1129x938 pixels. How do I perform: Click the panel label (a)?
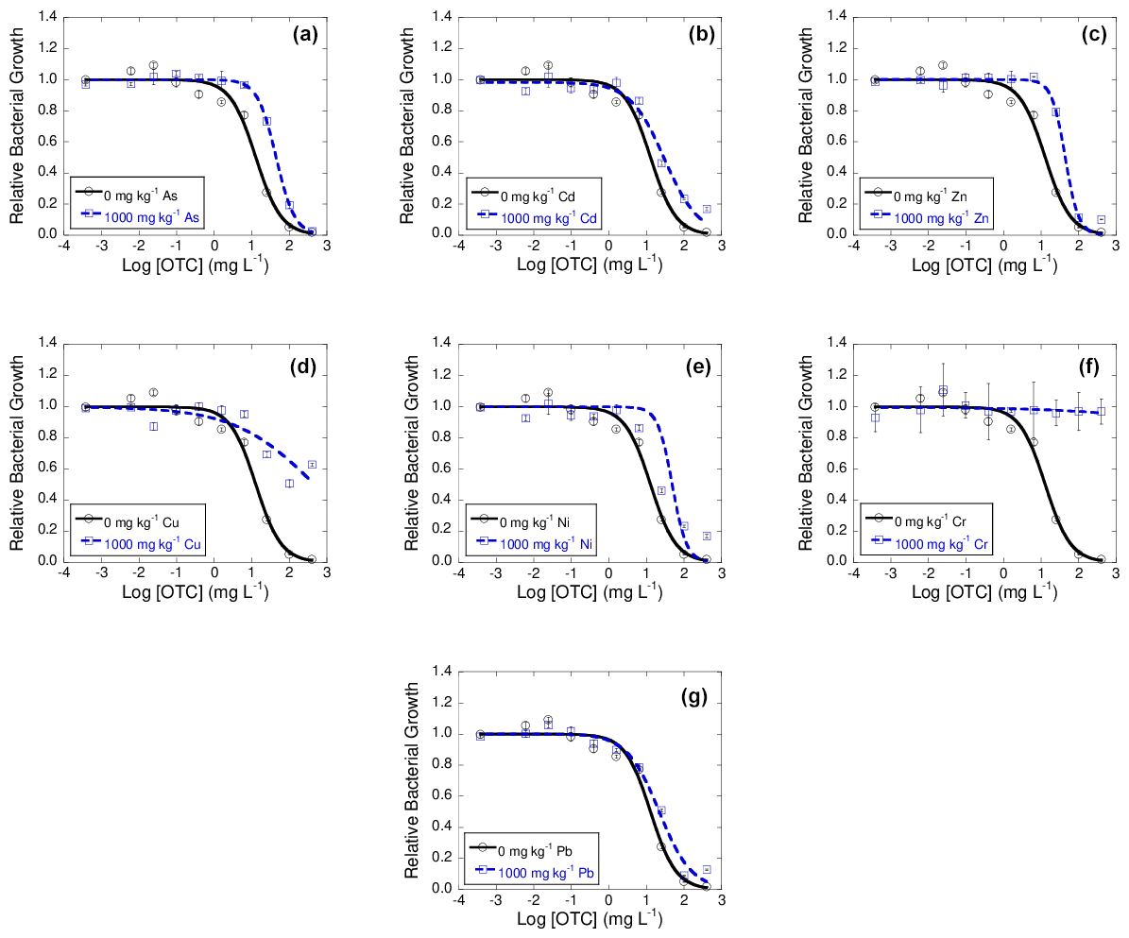click(306, 36)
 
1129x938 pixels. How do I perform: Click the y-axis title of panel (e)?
click(412, 453)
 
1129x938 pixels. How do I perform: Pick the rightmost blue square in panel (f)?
click(1101, 412)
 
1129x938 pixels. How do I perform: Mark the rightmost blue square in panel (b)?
click(706, 209)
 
